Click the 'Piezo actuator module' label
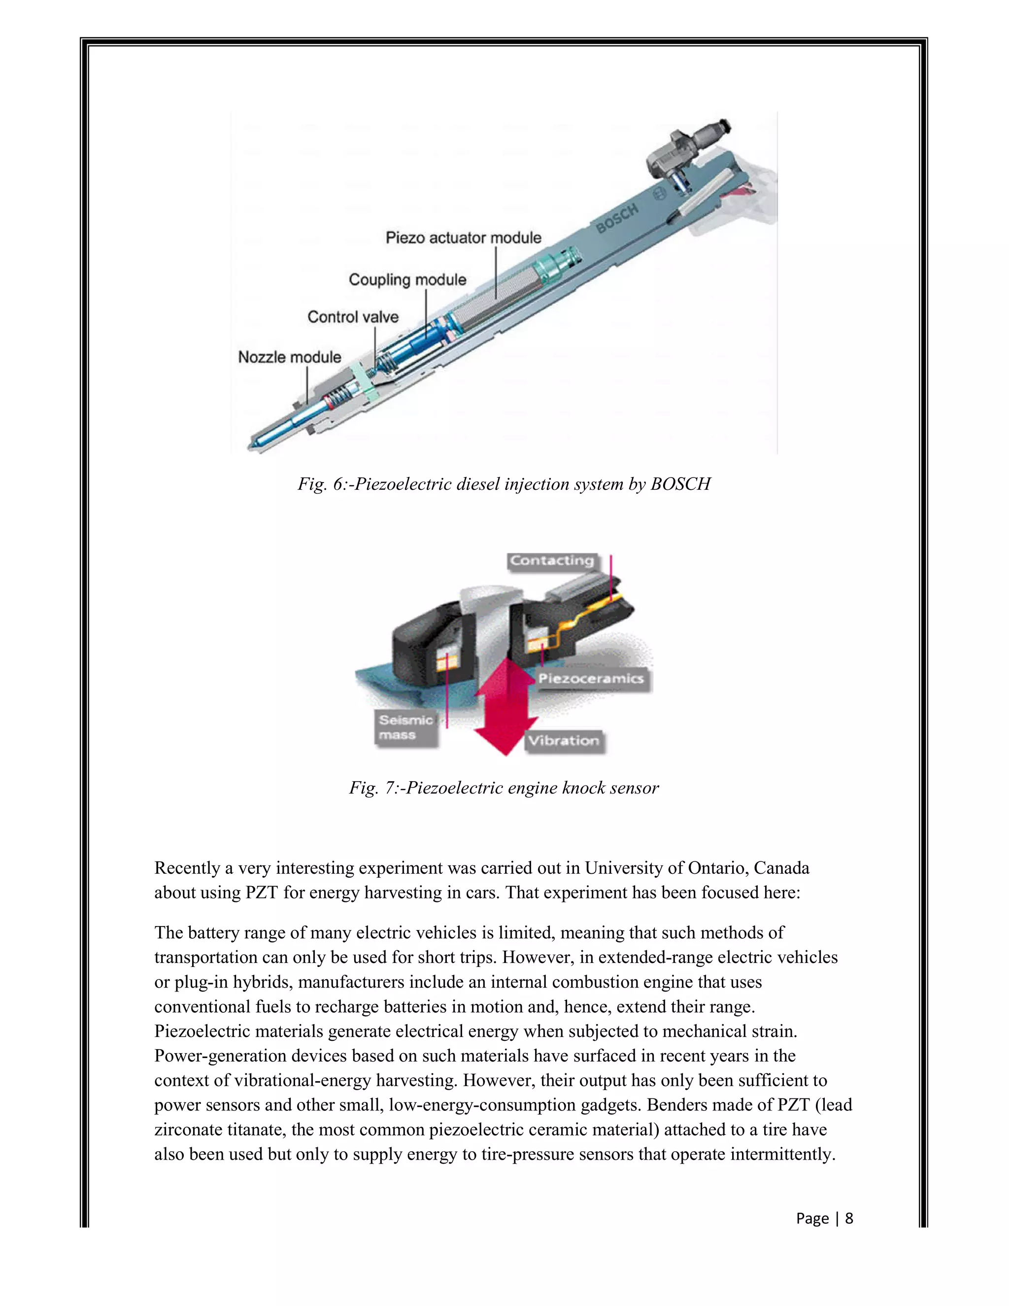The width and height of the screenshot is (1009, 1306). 463,238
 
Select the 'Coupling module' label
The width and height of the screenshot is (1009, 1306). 407,280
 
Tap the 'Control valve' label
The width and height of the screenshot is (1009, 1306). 353,317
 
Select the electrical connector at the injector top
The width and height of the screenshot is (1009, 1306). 693,143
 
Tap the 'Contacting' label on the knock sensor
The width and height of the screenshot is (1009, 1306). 552,561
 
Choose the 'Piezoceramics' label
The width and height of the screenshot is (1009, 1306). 591,679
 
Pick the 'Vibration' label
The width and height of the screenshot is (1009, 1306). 563,741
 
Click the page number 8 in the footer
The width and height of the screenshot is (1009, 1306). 848,1218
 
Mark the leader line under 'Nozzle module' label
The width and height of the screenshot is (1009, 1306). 307,386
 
